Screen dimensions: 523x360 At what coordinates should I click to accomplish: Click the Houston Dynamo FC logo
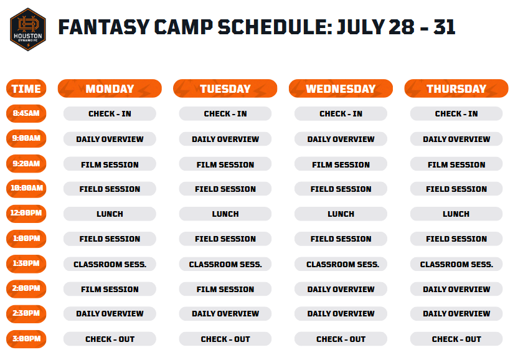point(27,29)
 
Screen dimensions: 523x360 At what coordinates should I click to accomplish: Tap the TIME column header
point(26,88)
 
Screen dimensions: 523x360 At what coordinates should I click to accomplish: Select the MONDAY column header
point(110,88)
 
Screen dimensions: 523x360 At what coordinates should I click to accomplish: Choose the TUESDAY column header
point(225,88)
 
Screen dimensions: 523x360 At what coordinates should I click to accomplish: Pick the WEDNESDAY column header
point(341,88)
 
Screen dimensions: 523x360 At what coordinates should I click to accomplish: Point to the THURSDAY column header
point(456,88)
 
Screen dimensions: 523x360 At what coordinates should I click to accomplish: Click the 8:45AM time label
point(26,113)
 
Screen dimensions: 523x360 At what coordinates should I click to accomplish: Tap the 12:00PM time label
point(26,214)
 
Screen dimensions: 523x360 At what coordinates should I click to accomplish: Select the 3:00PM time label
point(26,339)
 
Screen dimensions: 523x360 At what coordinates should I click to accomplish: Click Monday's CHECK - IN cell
point(110,114)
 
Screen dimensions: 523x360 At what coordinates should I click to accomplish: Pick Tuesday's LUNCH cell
point(225,214)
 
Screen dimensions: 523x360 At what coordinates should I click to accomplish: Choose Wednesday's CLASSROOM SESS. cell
point(341,264)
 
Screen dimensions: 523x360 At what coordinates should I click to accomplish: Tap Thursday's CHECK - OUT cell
point(456,339)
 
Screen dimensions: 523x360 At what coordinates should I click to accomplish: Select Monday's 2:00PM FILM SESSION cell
point(110,289)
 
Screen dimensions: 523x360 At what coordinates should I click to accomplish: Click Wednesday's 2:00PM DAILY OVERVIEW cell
point(341,289)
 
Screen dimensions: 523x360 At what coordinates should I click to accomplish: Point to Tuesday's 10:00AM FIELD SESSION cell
point(225,189)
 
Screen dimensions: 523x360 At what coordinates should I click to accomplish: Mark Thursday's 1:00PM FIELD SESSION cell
point(456,239)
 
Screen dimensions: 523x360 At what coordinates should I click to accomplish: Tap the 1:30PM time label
point(26,263)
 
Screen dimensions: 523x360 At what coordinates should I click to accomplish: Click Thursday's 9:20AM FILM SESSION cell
point(456,164)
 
